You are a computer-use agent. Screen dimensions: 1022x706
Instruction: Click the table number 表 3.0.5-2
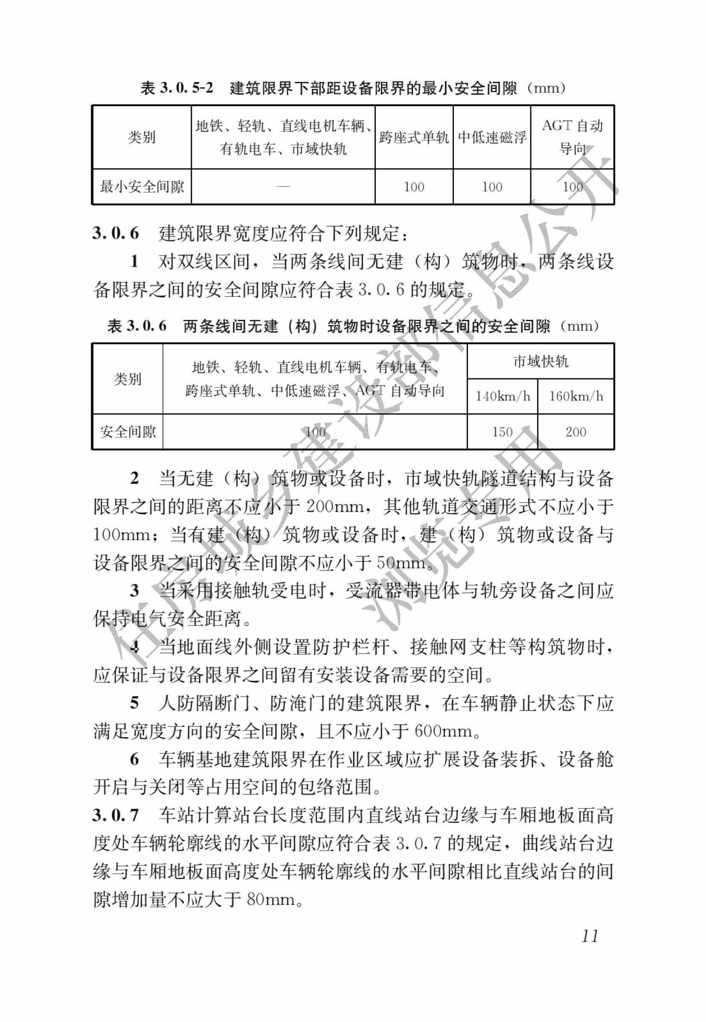click(177, 88)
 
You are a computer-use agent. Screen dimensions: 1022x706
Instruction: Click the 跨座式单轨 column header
click(414, 137)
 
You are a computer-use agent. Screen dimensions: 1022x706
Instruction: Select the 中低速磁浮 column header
click(491, 137)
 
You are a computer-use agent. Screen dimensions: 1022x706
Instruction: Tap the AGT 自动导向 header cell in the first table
click(572, 137)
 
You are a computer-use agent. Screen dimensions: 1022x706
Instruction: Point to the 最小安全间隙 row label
click(142, 187)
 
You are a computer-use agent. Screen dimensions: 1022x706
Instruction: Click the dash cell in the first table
click(283, 187)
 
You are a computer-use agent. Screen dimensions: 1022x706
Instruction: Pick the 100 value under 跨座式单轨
click(414, 187)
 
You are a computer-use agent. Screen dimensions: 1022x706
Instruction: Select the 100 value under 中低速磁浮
click(491, 187)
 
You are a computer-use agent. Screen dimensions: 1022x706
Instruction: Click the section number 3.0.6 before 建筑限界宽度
click(116, 233)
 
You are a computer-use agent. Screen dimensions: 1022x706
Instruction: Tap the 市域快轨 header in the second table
click(540, 361)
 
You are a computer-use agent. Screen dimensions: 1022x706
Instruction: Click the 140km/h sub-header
click(502, 396)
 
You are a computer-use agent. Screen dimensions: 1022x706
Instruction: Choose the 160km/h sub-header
click(575, 396)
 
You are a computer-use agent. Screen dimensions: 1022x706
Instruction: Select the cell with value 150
click(502, 432)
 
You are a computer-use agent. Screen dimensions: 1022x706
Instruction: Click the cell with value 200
click(575, 432)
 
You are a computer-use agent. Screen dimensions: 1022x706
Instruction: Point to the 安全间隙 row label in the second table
click(128, 432)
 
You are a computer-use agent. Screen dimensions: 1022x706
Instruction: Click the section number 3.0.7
click(116, 815)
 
